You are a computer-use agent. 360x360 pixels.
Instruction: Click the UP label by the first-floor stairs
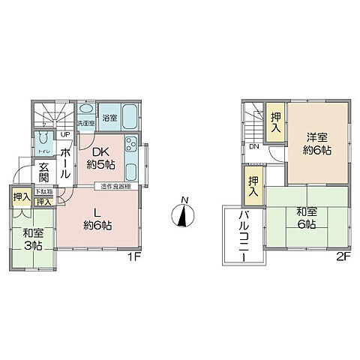pos(65,135)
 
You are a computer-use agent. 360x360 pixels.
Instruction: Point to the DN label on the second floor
pos(254,146)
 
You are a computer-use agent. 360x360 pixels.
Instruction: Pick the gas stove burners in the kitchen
pos(130,144)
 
